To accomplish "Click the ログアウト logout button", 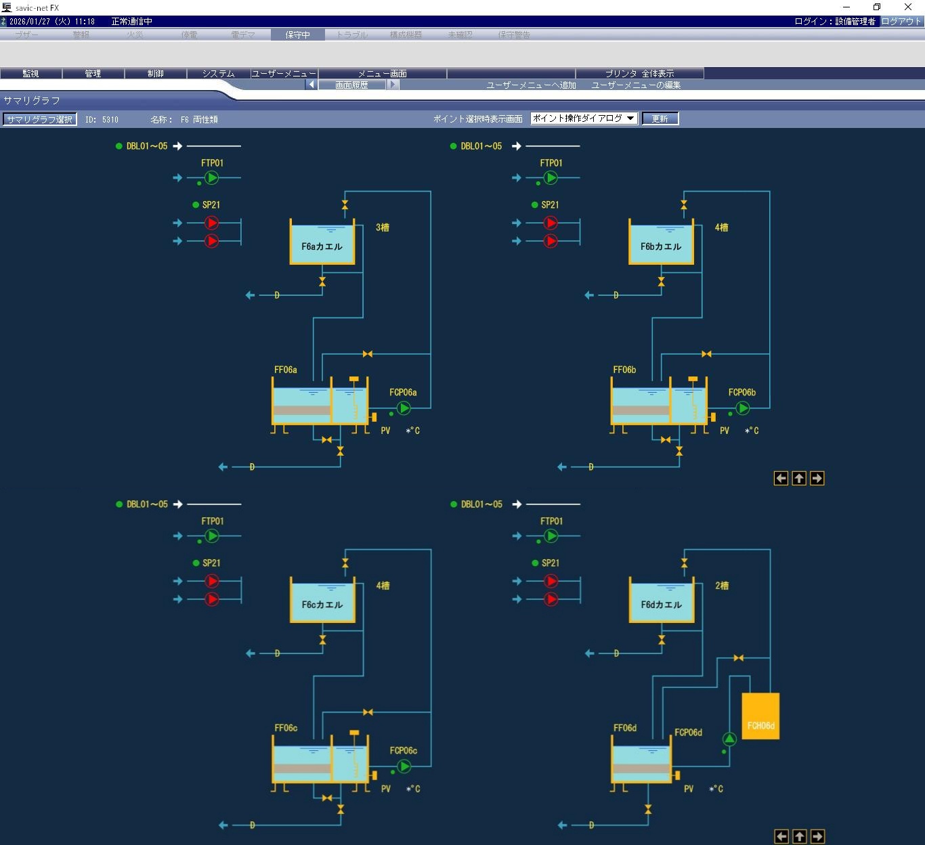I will [901, 22].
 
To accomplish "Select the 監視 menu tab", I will [31, 73].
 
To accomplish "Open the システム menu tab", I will [218, 73].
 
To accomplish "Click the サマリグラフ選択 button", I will [40, 119].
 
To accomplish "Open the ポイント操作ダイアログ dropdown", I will [584, 118].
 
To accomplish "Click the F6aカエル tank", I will [322, 243].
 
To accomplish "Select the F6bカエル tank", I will [661, 243].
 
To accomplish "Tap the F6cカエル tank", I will [322, 601].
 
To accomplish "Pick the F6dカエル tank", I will [662, 601].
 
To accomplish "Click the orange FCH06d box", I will [760, 716].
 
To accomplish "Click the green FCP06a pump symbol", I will [404, 408].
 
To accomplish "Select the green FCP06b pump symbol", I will [743, 408].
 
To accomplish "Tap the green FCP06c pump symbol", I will [404, 766].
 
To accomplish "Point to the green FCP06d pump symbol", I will [729, 739].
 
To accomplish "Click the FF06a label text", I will [286, 370].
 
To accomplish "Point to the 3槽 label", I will [383, 227].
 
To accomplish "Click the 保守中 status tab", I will [297, 35].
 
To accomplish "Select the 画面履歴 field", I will [351, 85].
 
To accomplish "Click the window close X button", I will [908, 7].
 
